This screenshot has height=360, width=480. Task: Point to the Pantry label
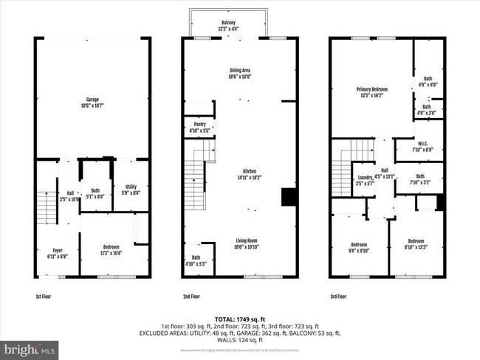[199, 128]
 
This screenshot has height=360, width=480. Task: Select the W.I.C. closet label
[424, 145]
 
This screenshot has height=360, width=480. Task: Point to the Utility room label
[131, 190]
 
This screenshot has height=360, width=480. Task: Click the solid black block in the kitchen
[289, 198]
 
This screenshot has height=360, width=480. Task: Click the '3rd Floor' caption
[340, 297]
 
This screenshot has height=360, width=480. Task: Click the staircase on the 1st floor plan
[47, 207]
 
